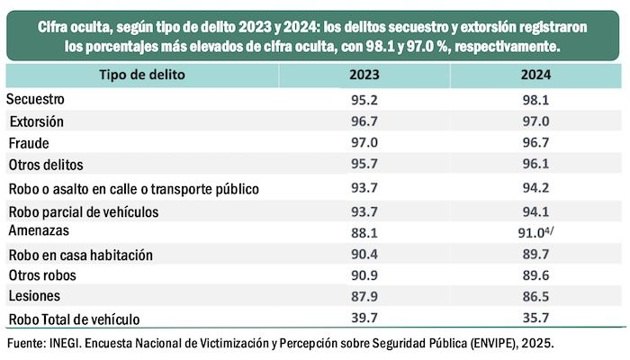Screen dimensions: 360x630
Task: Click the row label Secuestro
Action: click(37, 98)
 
